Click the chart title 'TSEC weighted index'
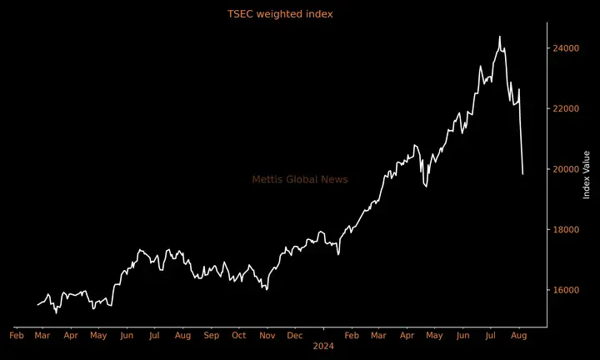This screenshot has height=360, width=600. [280, 14]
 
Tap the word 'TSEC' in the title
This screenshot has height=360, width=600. [241, 14]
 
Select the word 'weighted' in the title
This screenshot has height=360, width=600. [281, 14]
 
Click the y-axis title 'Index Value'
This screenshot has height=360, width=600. [587, 174]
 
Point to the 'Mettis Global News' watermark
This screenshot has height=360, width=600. [300, 179]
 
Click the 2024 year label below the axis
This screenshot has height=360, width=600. [322, 345]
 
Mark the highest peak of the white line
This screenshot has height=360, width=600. [499, 37]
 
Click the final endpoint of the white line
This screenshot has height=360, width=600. [522, 174]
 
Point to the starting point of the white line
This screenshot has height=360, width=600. [37, 305]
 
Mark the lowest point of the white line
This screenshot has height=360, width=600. [56, 312]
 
